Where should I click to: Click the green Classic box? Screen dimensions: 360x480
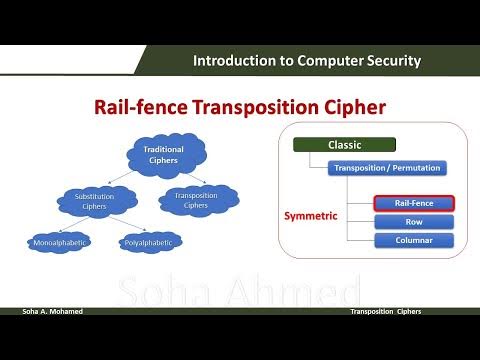point(345,145)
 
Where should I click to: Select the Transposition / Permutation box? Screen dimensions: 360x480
point(385,168)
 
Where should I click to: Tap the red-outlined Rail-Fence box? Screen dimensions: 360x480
point(413,203)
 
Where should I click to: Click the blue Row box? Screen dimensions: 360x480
point(413,222)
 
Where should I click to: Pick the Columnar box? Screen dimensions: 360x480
point(413,241)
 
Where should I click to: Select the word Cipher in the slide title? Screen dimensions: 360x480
point(353,107)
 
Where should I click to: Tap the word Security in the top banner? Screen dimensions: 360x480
point(386,61)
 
